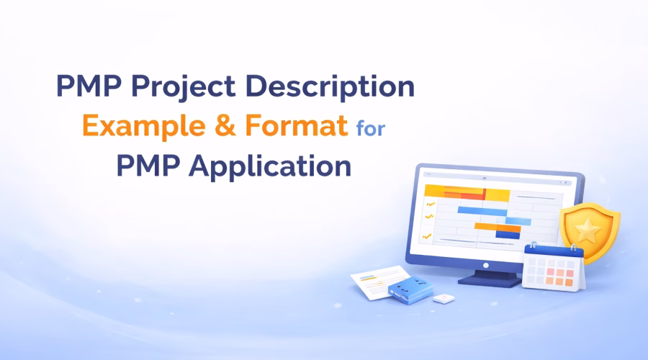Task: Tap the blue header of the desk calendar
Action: [551, 252]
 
